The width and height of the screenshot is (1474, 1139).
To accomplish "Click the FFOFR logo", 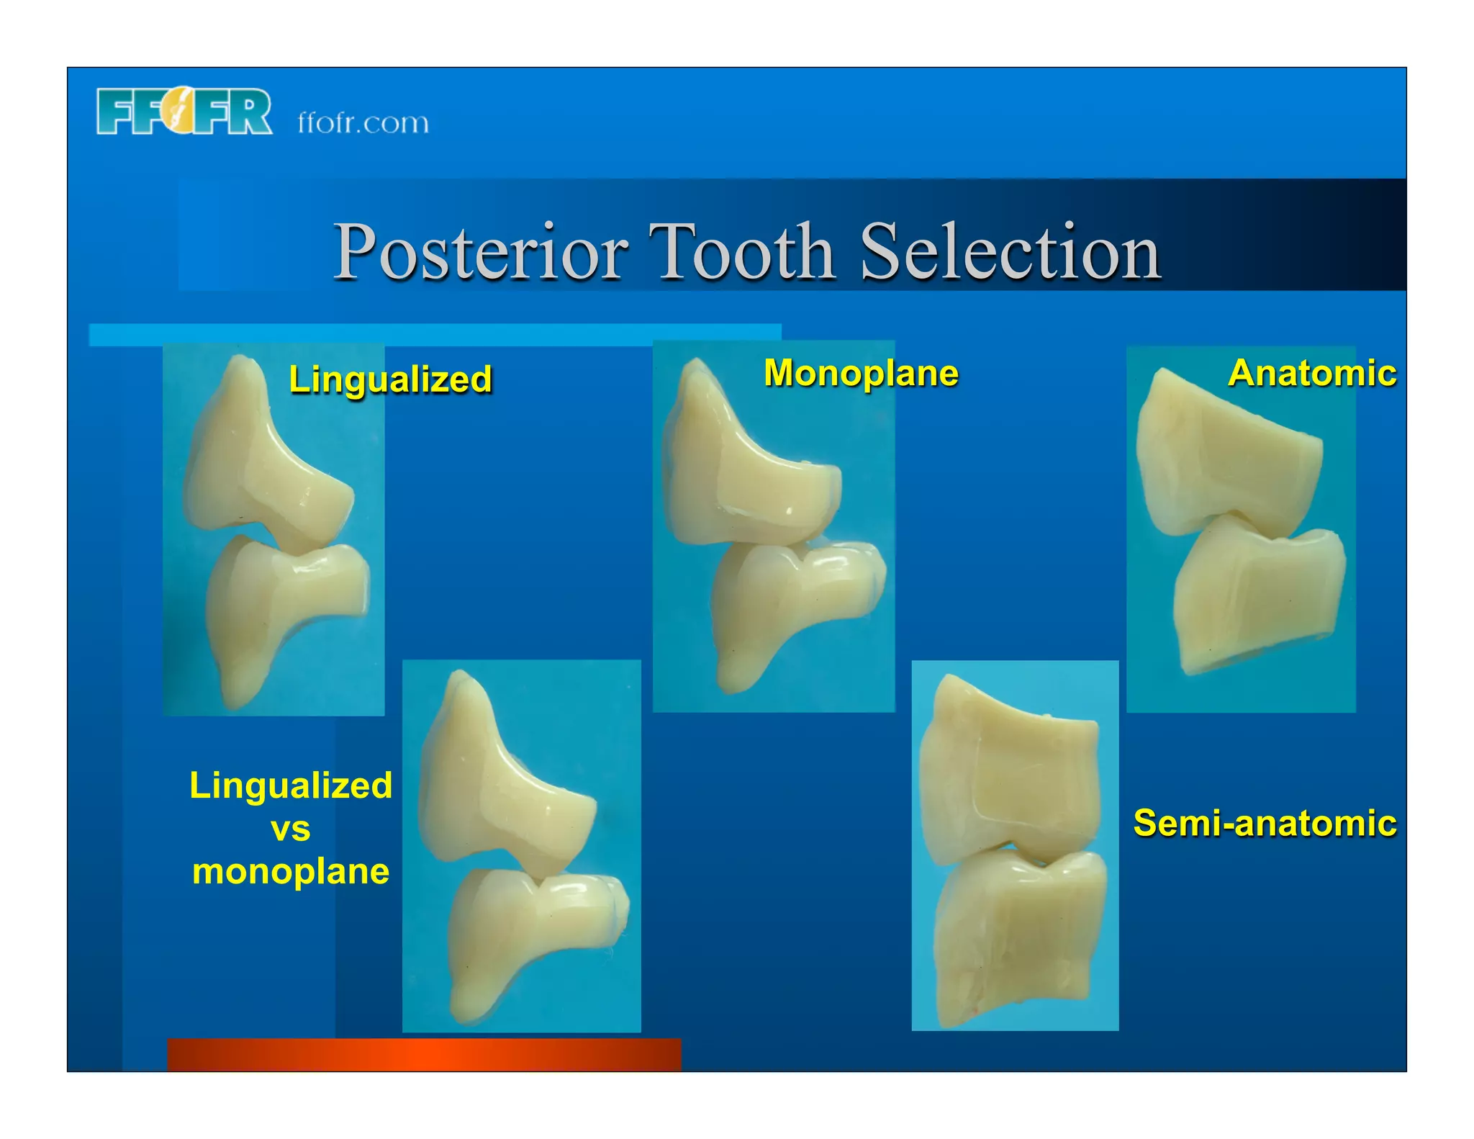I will [184, 112].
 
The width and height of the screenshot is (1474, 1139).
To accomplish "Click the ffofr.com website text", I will [363, 122].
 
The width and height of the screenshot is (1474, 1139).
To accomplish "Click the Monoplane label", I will [861, 373].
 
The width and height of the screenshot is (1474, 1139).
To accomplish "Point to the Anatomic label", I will [1312, 373].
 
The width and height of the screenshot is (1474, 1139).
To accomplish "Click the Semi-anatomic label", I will [1265, 822].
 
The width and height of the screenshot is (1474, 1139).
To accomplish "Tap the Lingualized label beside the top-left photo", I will [390, 379].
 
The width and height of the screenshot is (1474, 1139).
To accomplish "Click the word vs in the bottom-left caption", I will [291, 829].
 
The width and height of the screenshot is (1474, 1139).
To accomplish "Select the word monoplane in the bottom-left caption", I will [291, 871].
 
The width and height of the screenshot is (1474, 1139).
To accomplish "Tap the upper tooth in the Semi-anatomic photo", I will [1008, 778].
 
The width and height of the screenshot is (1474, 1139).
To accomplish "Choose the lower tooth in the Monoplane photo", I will [785, 605].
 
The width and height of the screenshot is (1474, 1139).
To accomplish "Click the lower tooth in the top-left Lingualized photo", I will [281, 605].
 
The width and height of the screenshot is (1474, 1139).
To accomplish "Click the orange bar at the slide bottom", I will [424, 1054].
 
